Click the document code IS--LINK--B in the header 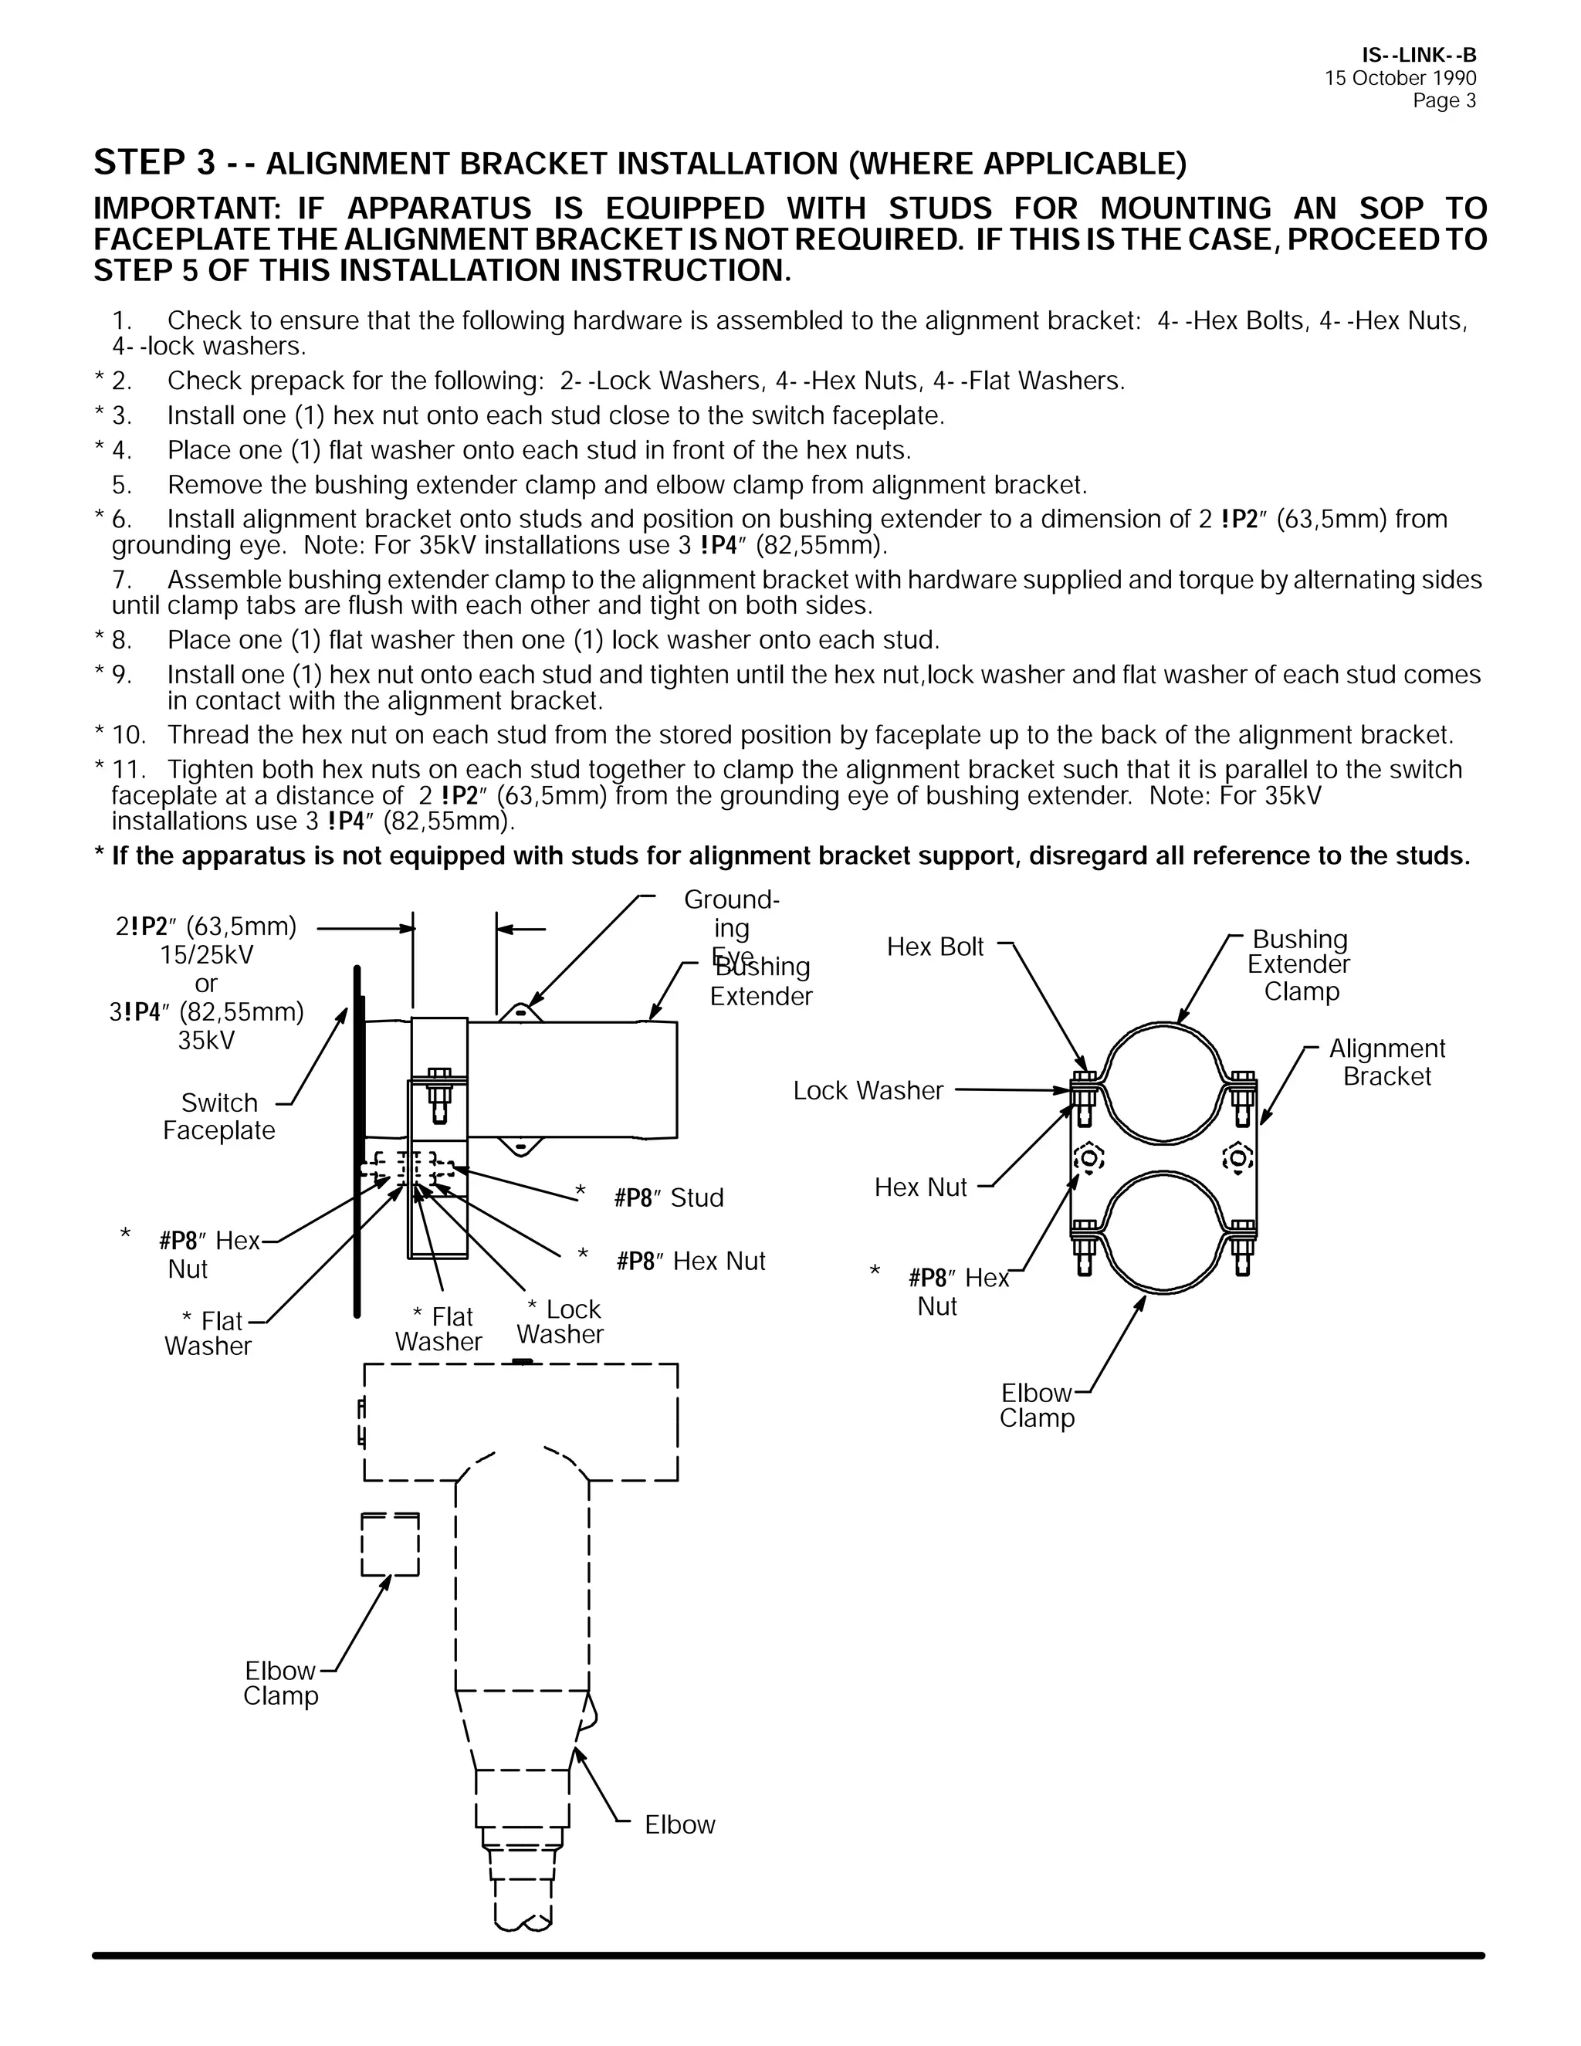point(1418,56)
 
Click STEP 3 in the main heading point(154,163)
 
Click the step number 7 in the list point(121,580)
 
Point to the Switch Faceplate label point(218,1116)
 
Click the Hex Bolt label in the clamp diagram point(934,947)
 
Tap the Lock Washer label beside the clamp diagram point(867,1090)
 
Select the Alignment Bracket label point(1386,1062)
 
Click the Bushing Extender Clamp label point(1300,965)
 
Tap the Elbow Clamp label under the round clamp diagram point(1036,1405)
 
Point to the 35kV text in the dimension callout point(206,1041)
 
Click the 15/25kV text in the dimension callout point(206,954)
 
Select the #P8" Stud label point(668,1198)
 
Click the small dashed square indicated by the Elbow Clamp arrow point(390,1545)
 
